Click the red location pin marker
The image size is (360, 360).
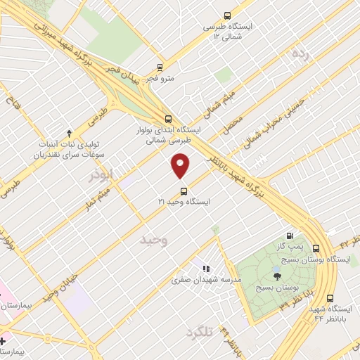pyautogui.click(x=181, y=167)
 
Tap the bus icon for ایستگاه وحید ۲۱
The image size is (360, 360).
pyautogui.click(x=184, y=190)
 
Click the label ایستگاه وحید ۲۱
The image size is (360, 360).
pyautogui.click(x=184, y=201)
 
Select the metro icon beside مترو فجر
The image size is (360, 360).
pyautogui.click(x=160, y=68)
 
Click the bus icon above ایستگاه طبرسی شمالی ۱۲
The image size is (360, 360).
pyautogui.click(x=226, y=15)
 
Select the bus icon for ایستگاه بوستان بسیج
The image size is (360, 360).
pyautogui.click(x=316, y=248)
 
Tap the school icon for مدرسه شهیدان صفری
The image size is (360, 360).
pyautogui.click(x=206, y=268)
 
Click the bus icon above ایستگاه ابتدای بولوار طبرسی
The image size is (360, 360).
pyautogui.click(x=167, y=119)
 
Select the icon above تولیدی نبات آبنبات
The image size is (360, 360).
pyautogui.click(x=69, y=132)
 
